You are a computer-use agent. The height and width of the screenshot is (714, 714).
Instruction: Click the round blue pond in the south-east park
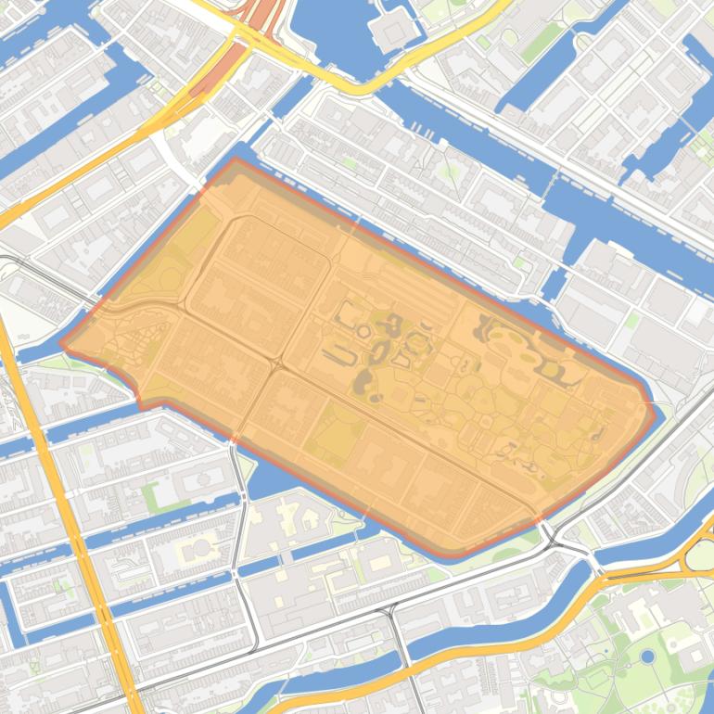[x=647, y=657]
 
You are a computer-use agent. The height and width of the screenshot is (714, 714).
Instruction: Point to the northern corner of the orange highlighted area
[x=235, y=161]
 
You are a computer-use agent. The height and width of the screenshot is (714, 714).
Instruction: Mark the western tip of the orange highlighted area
[x=63, y=343]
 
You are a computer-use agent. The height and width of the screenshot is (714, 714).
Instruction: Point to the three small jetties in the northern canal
[x=422, y=130]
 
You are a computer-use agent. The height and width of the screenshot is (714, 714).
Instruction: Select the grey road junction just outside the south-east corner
[x=549, y=532]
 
